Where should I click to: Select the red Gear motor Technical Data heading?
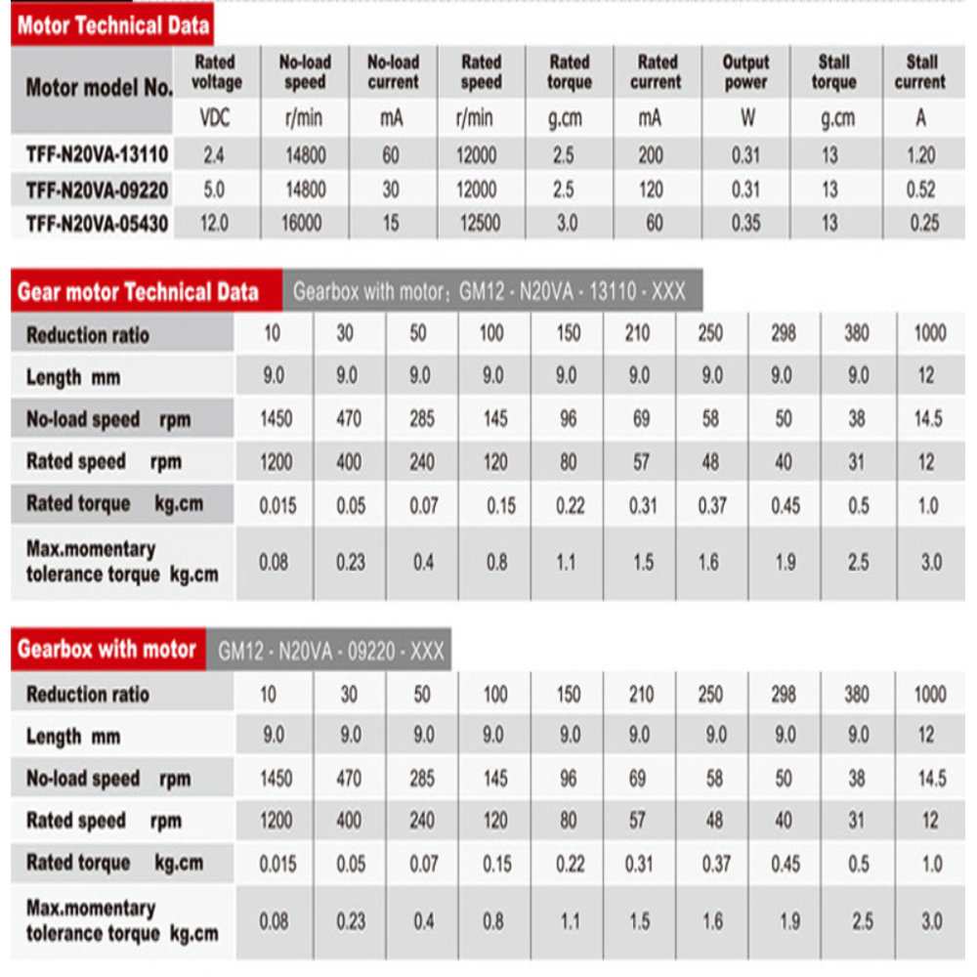click(x=138, y=291)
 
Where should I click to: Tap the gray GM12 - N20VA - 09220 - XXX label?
click(x=330, y=652)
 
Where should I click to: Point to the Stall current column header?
click(x=920, y=72)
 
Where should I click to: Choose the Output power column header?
click(x=745, y=72)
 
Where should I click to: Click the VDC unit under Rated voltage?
click(x=214, y=119)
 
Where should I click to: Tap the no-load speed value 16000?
click(x=302, y=224)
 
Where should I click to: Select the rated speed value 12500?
click(x=477, y=224)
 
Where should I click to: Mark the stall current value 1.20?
click(x=920, y=154)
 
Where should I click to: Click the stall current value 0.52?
click(x=920, y=190)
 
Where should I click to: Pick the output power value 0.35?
click(x=745, y=224)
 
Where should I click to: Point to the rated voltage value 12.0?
click(x=214, y=224)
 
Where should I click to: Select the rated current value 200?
click(x=651, y=154)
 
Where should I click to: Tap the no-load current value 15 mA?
click(x=391, y=224)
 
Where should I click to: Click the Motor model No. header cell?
click(x=99, y=88)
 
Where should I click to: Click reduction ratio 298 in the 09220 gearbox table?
click(x=784, y=694)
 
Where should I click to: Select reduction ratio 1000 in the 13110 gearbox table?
click(x=930, y=333)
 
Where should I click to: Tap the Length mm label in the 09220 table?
click(x=72, y=737)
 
